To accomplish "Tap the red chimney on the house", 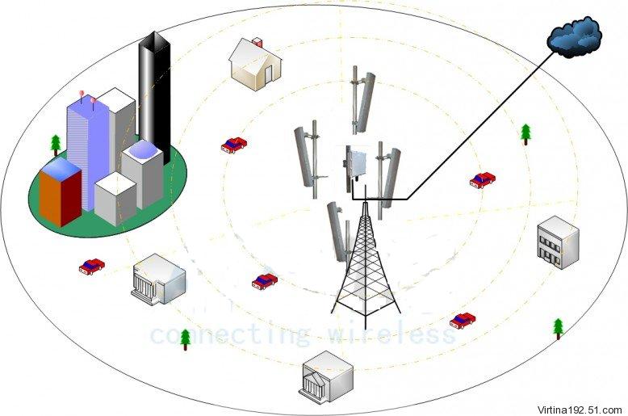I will click(257, 41).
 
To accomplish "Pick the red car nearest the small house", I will click(234, 145).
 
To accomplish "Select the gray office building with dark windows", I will click(557, 242).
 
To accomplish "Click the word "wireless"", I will click(393, 333).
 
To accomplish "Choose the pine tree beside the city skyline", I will click(56, 145).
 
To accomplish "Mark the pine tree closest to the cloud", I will click(525, 132).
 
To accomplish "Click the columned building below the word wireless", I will click(326, 376).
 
